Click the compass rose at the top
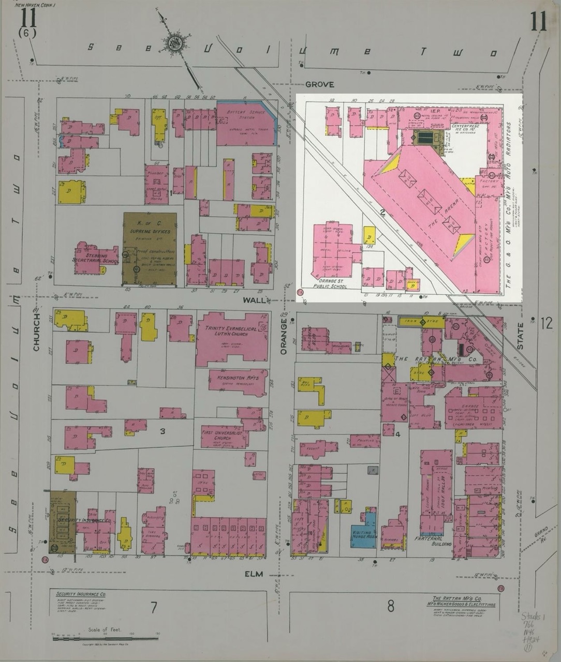tap(175, 42)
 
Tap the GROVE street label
tap(319, 84)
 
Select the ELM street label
tap(254, 574)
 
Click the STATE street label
tap(520, 336)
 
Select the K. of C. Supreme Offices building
tap(150, 248)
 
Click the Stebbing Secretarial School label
tap(96, 258)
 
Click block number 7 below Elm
tap(154, 607)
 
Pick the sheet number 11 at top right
tap(538, 22)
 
